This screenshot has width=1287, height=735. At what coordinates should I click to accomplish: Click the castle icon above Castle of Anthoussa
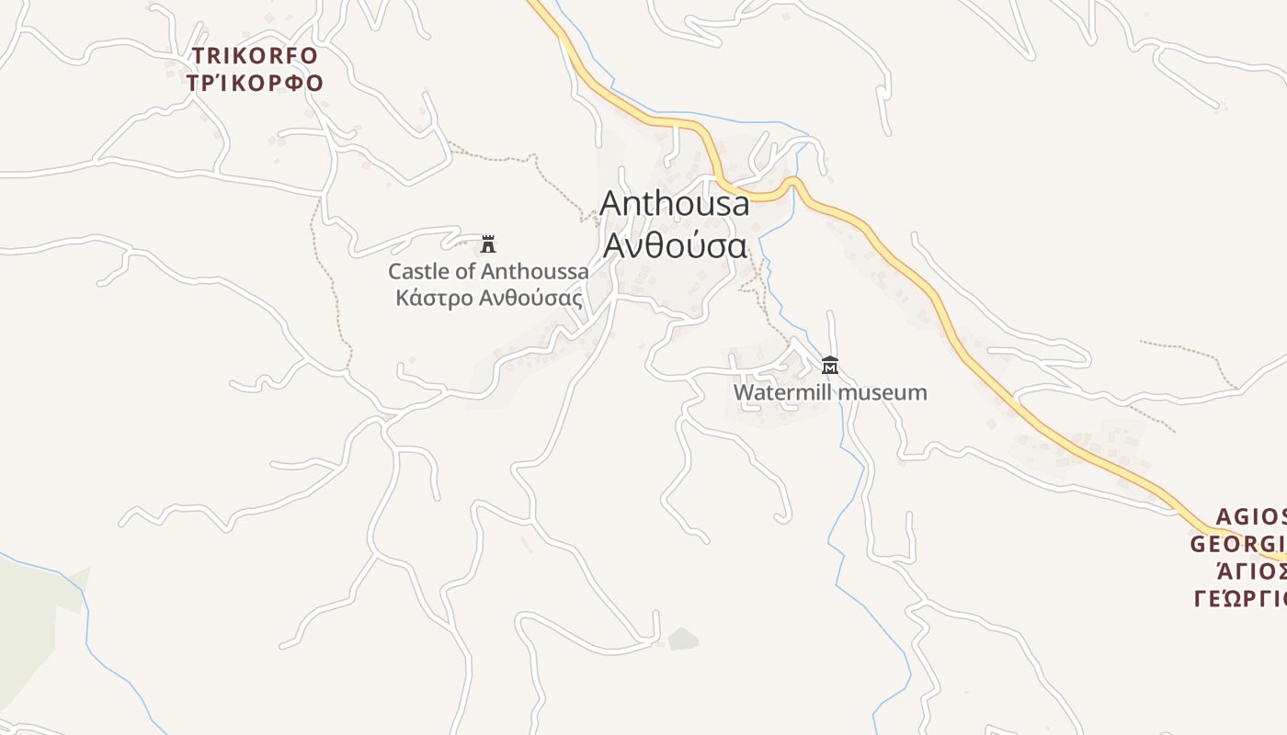pyautogui.click(x=488, y=244)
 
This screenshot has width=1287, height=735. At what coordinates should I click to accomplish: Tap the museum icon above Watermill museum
pyautogui.click(x=830, y=365)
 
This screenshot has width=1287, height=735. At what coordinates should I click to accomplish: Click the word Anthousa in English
pyautogui.click(x=675, y=204)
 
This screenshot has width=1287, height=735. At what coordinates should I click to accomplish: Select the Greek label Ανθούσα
pyautogui.click(x=674, y=245)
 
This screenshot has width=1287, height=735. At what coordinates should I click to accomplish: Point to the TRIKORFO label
pyautogui.click(x=255, y=56)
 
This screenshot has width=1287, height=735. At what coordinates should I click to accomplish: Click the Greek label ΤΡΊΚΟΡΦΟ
pyautogui.click(x=255, y=84)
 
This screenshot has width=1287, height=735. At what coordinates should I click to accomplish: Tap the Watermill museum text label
pyautogui.click(x=830, y=393)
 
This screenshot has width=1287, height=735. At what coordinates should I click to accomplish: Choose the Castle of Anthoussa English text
pyautogui.click(x=488, y=272)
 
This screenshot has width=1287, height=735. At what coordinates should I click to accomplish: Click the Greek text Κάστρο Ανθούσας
pyautogui.click(x=488, y=299)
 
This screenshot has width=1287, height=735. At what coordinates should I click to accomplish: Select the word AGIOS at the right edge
pyautogui.click(x=1251, y=516)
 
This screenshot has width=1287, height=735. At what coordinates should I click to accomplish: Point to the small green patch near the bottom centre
pyautogui.click(x=683, y=639)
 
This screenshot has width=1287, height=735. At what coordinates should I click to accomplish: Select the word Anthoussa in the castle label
pyautogui.click(x=535, y=272)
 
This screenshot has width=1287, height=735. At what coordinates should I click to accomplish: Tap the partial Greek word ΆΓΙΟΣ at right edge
pyautogui.click(x=1251, y=571)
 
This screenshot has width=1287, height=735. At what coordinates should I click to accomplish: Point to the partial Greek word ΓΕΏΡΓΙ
pyautogui.click(x=1240, y=599)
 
